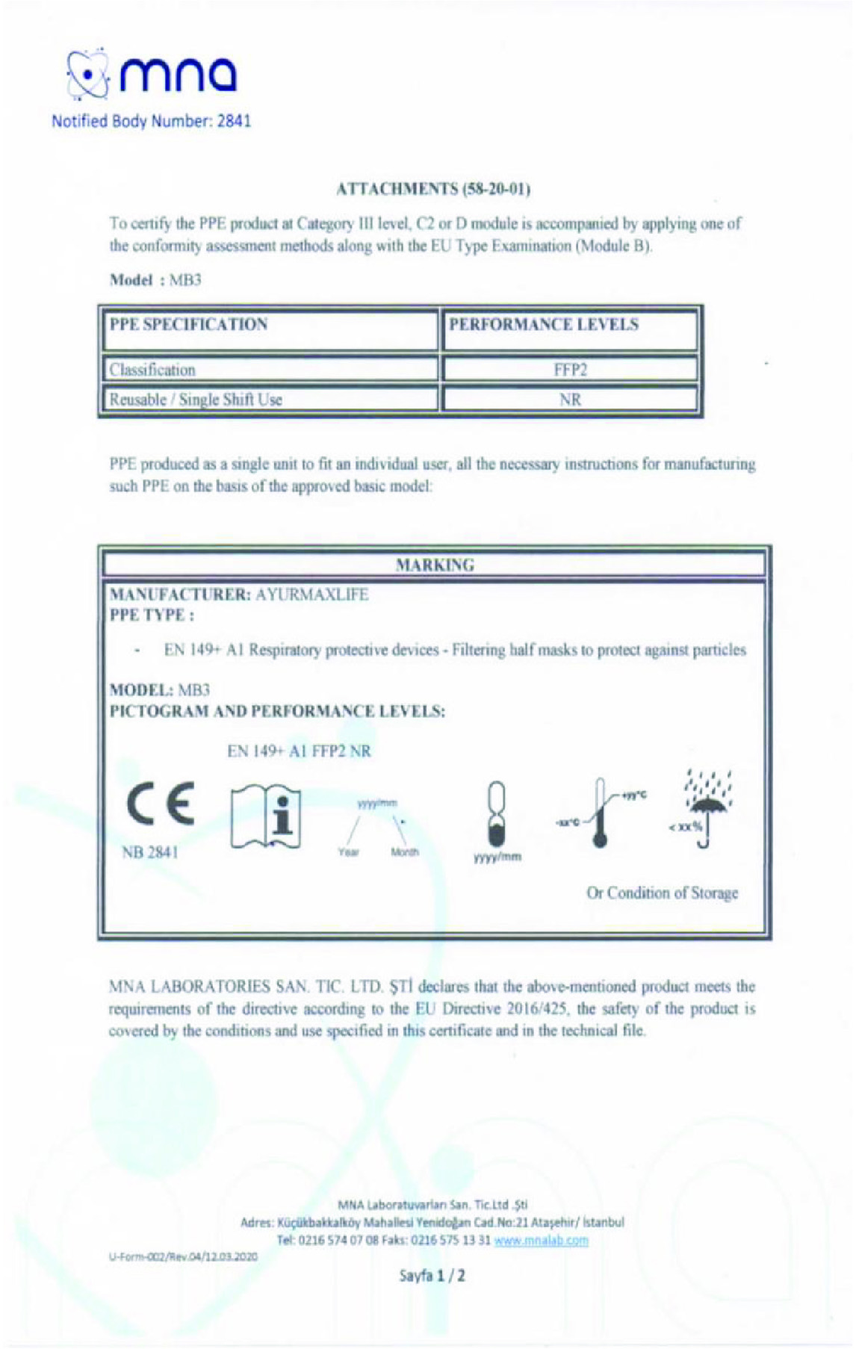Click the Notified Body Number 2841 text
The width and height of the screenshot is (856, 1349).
click(151, 121)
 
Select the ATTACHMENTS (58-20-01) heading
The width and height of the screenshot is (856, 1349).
click(434, 189)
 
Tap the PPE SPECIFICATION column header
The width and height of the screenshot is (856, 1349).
click(188, 325)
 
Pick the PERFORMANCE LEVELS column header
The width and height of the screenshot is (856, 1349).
click(543, 325)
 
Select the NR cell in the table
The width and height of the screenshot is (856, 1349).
click(570, 400)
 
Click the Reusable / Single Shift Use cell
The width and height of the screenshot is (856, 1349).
click(196, 400)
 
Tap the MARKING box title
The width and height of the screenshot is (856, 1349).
click(435, 565)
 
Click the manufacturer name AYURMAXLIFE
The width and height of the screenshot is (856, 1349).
click(312, 595)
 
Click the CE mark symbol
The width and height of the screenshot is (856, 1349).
click(161, 804)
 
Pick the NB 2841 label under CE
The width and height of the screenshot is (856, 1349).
click(150, 852)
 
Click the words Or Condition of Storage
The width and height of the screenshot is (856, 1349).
click(662, 893)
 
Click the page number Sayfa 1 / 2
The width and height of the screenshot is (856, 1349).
click(434, 1275)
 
